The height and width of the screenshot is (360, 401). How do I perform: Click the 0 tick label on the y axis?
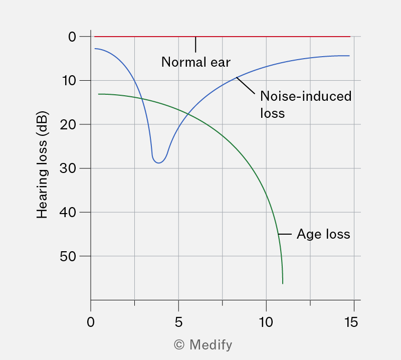[x=72, y=37]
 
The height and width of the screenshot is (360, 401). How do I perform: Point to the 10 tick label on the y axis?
[x=69, y=81]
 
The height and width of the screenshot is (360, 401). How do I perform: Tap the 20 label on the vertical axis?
[x=68, y=125]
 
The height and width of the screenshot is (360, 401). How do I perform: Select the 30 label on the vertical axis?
[x=68, y=168]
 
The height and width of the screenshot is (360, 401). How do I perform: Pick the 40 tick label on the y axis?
[x=68, y=213]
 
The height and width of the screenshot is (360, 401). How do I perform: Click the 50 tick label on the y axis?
[x=68, y=256]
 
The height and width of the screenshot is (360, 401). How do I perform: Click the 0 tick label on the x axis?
[x=91, y=322]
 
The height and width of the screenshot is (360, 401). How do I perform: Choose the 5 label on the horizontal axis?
[x=178, y=322]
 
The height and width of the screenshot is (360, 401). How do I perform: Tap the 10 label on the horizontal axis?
[x=266, y=322]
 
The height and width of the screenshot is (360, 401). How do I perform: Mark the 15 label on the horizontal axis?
[x=351, y=322]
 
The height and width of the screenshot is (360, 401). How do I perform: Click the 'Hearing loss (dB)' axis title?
[x=42, y=165]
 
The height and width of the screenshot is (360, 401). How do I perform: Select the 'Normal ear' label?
[x=196, y=62]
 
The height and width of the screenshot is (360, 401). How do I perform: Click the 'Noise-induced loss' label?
[x=306, y=105]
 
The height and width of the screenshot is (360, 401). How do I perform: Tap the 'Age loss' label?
[x=323, y=234]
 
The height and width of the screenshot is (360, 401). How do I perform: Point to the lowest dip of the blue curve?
[x=159, y=163]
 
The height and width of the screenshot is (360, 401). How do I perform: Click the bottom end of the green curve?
[x=283, y=283]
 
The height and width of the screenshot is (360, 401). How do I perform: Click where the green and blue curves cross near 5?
[x=188, y=114]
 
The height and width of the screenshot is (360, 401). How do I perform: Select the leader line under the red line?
[x=195, y=45]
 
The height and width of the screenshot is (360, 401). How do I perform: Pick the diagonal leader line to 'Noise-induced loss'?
[x=246, y=86]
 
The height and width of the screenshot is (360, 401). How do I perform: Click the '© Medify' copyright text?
[x=203, y=345]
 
